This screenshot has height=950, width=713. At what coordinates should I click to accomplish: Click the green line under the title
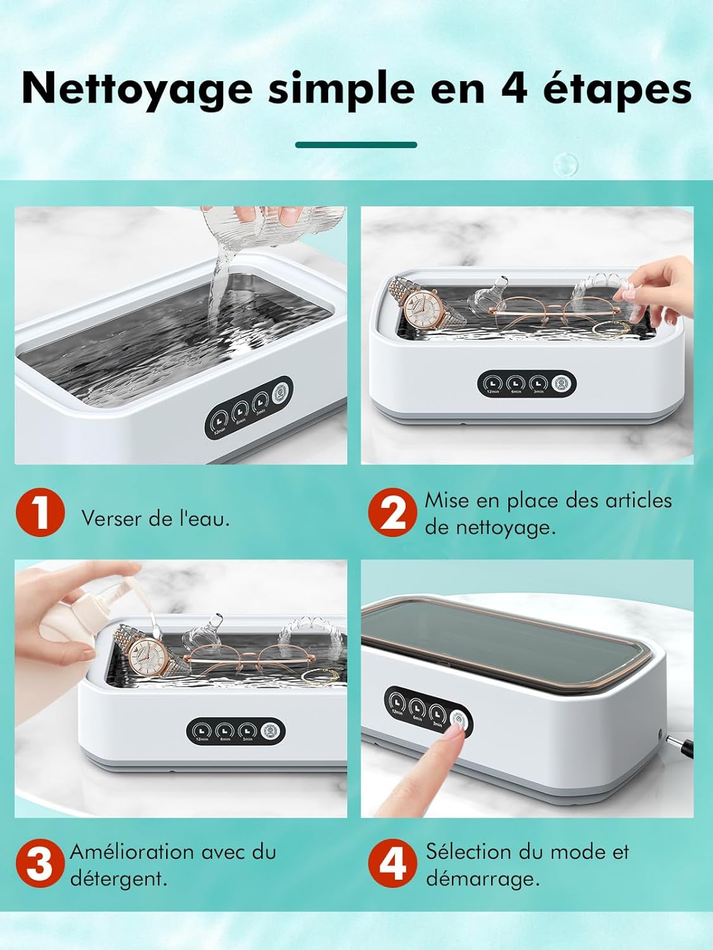[356, 145]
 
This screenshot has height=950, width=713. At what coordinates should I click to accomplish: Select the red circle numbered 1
[40, 513]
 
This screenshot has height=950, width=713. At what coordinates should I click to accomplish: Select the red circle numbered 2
[393, 513]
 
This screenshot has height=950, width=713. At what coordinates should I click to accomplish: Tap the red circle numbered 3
[40, 864]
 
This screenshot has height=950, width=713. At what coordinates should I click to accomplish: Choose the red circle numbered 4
[393, 864]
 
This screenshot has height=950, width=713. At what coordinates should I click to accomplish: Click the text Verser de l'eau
[155, 519]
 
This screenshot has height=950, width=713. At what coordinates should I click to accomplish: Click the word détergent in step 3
[118, 879]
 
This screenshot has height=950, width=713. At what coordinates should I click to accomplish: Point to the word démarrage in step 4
[482, 879]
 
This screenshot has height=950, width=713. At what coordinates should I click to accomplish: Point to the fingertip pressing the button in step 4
[453, 731]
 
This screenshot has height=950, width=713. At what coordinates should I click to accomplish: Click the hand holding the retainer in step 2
[659, 282]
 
